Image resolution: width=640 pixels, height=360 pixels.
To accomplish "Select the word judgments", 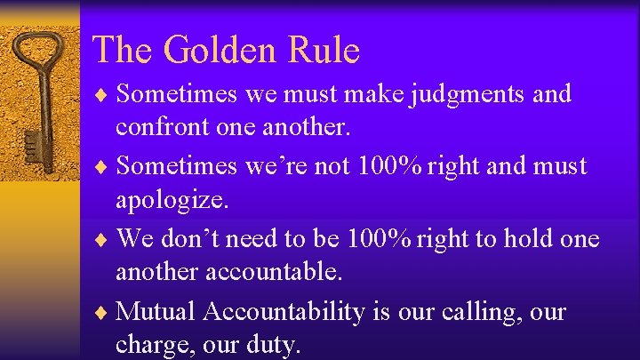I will (x=470, y=94).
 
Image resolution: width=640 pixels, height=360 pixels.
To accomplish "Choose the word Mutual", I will (x=156, y=311).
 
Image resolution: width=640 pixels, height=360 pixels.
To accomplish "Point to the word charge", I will (x=149, y=345).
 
